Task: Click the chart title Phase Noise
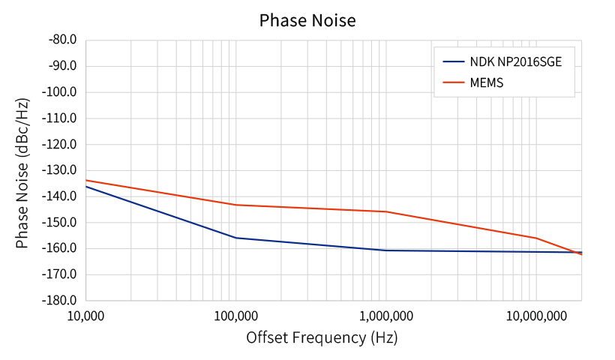point(307,20)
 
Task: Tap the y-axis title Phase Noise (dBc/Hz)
point(22,173)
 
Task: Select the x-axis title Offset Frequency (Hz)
point(322,337)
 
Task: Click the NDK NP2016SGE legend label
point(516,62)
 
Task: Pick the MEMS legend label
point(486,82)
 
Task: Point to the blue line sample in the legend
point(454,62)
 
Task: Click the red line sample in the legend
point(454,82)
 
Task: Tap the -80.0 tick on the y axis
point(63,40)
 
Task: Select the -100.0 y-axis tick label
point(59,91)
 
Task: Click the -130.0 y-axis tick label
point(59,170)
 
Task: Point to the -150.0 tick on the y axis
point(59,222)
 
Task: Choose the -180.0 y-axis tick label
point(59,301)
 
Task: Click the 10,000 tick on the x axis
point(86,316)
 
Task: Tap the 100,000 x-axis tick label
point(235,316)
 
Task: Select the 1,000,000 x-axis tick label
point(386,316)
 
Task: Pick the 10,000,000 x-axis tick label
point(536,316)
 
